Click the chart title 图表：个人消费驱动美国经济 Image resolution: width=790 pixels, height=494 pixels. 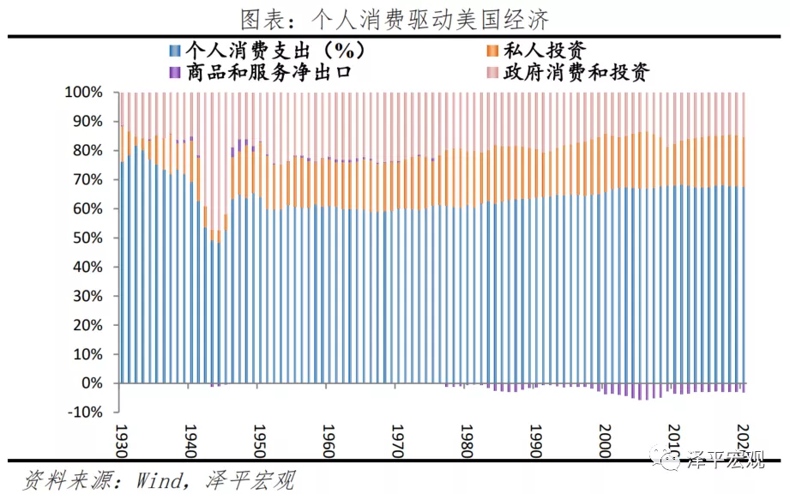pyautogui.click(x=395, y=18)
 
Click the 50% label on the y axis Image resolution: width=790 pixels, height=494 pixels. pyautogui.click(x=88, y=238)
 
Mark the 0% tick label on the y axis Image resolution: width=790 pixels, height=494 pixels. pyautogui.click(x=93, y=383)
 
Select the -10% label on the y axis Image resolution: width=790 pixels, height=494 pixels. pyautogui.click(x=87, y=413)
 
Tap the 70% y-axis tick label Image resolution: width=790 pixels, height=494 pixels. pyautogui.click(x=88, y=180)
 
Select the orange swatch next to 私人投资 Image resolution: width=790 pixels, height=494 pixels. pyautogui.click(x=492, y=51)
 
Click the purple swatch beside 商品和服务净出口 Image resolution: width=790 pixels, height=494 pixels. pyautogui.click(x=175, y=72)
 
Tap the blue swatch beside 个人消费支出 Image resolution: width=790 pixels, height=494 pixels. pyautogui.click(x=175, y=51)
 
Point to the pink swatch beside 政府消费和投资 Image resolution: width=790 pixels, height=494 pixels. pyautogui.click(x=492, y=72)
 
